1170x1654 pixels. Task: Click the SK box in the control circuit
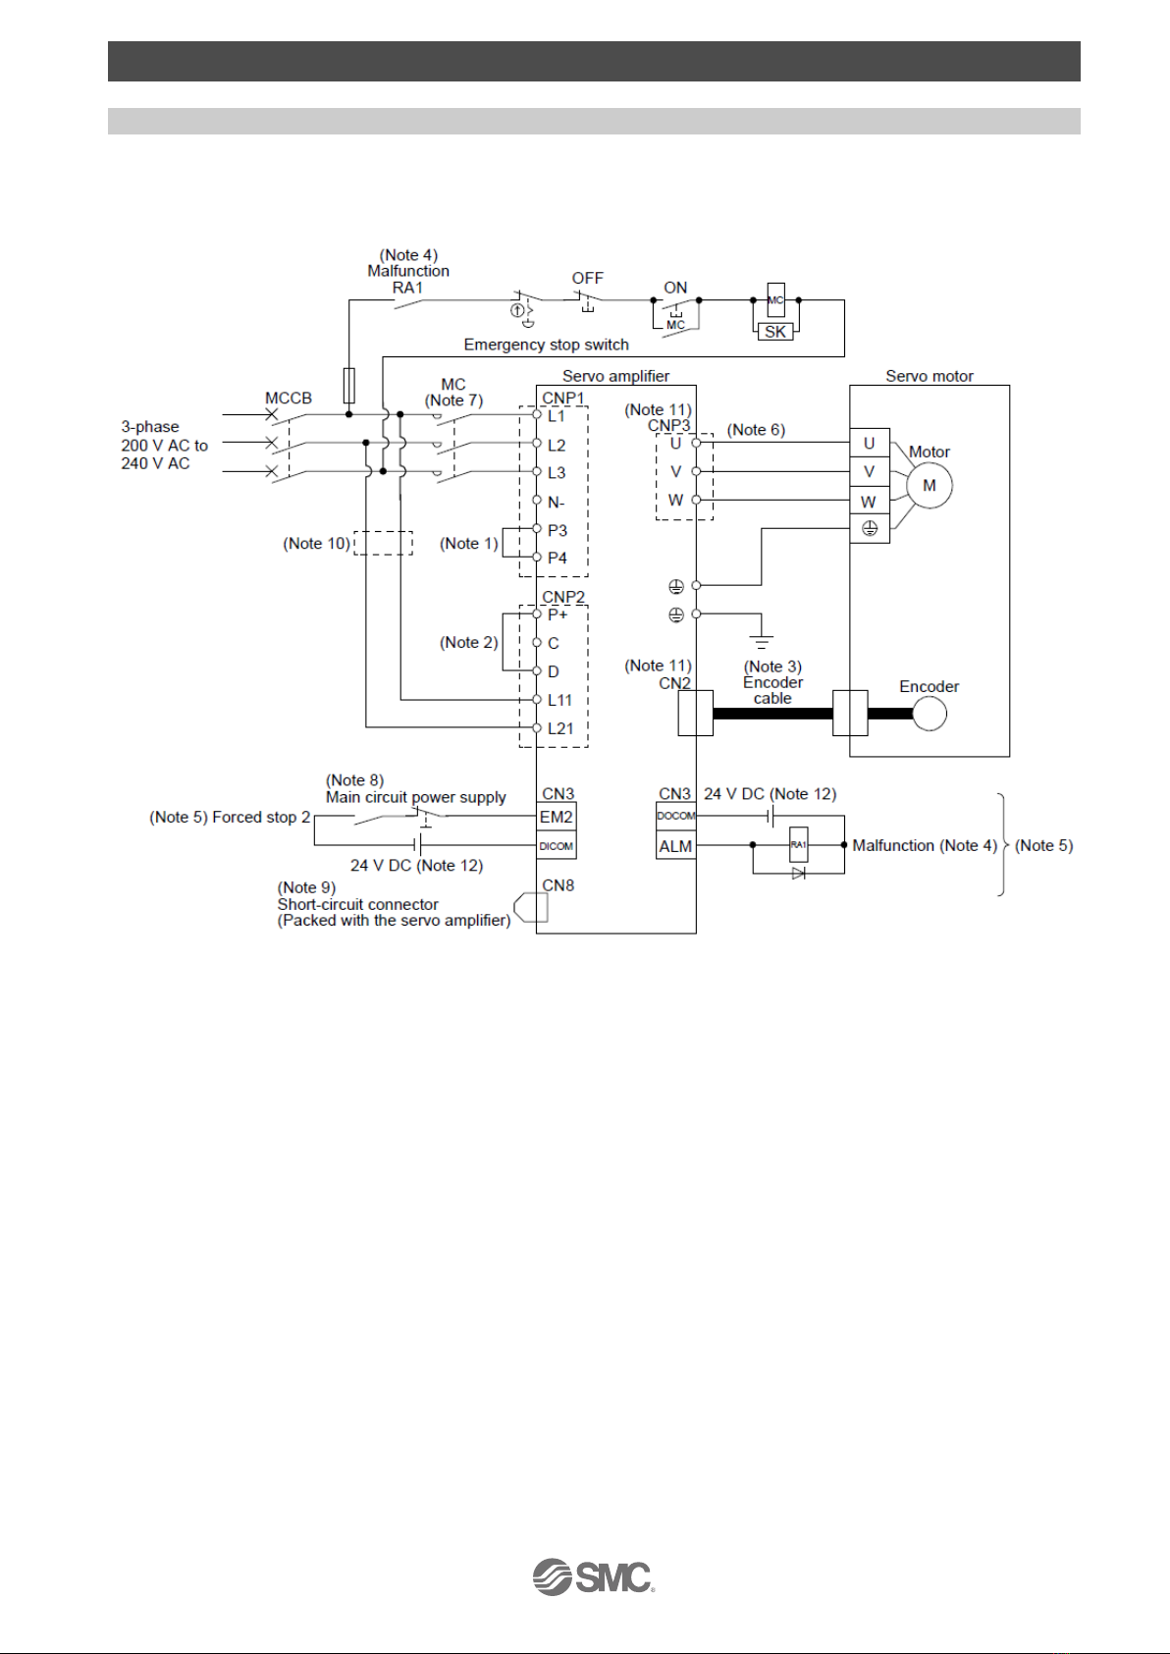[x=775, y=332]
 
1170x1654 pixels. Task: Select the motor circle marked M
[x=930, y=485]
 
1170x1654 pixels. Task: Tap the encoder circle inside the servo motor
[x=930, y=714]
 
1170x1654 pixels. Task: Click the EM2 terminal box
[x=556, y=817]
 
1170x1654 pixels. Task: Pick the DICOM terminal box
[x=556, y=845]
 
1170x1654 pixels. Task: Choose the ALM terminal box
[x=675, y=845]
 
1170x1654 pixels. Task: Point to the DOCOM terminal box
[x=675, y=817]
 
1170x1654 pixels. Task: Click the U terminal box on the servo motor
[x=870, y=443]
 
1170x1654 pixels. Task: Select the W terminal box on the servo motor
[x=870, y=502]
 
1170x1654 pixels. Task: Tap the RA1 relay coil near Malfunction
[x=799, y=845]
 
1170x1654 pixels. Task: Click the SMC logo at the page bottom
[x=594, y=1576]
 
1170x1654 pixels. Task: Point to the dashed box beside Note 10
[x=383, y=543]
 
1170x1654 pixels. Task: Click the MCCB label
[x=289, y=398]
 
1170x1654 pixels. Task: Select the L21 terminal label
[x=560, y=728]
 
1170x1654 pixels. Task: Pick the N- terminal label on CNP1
[x=556, y=503]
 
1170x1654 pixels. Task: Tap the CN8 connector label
[x=558, y=884]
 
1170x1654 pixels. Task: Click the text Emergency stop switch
[x=547, y=345]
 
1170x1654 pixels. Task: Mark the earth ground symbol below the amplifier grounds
[x=762, y=641]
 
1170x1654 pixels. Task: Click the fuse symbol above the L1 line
[x=349, y=385]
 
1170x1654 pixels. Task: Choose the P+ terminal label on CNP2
[x=558, y=614]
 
